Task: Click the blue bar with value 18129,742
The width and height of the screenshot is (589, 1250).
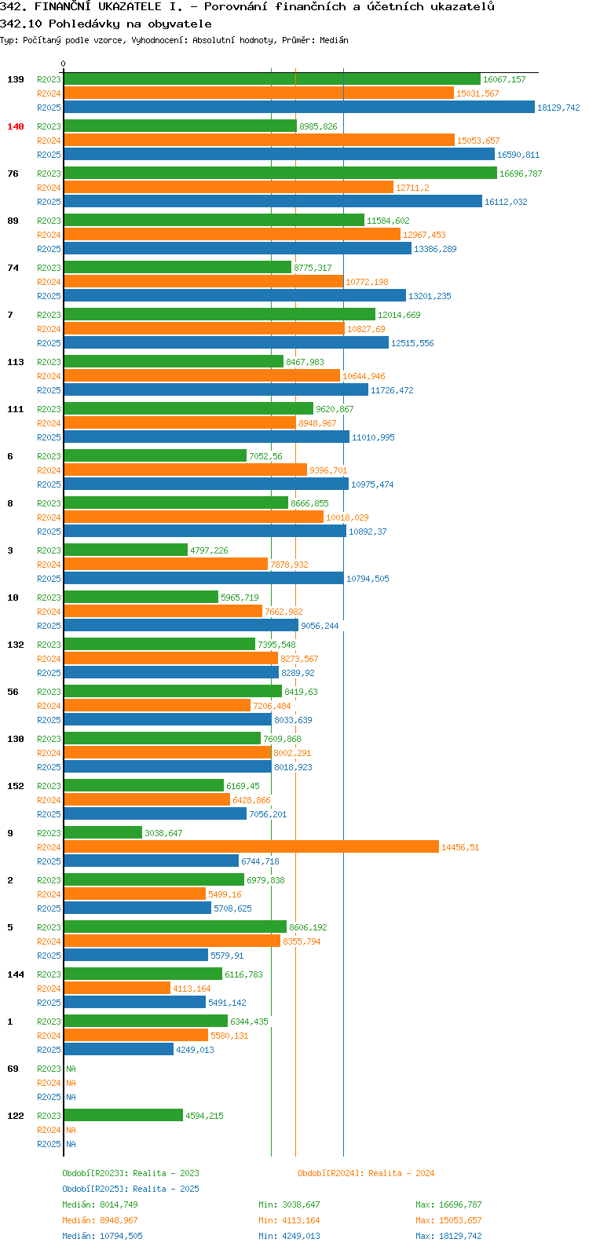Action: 299,107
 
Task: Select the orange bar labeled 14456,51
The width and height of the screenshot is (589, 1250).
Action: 251,846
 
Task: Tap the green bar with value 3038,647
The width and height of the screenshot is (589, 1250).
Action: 104,832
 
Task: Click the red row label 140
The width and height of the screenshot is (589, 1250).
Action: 16,126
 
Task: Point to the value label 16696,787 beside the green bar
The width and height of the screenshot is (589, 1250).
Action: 521,174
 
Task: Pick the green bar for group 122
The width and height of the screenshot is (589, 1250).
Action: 123,1115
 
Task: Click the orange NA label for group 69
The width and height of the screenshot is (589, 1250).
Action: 71,1083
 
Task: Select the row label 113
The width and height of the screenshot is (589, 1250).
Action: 16,362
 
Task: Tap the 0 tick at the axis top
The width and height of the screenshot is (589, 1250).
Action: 63,64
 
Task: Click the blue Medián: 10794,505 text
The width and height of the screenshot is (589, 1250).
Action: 102,1236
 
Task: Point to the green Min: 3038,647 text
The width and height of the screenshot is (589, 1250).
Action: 289,1204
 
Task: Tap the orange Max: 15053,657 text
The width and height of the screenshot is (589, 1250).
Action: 448,1220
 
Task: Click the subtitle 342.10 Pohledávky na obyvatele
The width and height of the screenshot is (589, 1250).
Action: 106,24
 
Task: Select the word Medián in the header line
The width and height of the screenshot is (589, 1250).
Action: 334,40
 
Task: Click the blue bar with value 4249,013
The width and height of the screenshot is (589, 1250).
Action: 119,1049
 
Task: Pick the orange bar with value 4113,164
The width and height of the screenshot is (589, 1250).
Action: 117,988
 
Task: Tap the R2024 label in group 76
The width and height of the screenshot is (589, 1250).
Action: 49,188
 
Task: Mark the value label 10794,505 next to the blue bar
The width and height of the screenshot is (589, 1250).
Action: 368,579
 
